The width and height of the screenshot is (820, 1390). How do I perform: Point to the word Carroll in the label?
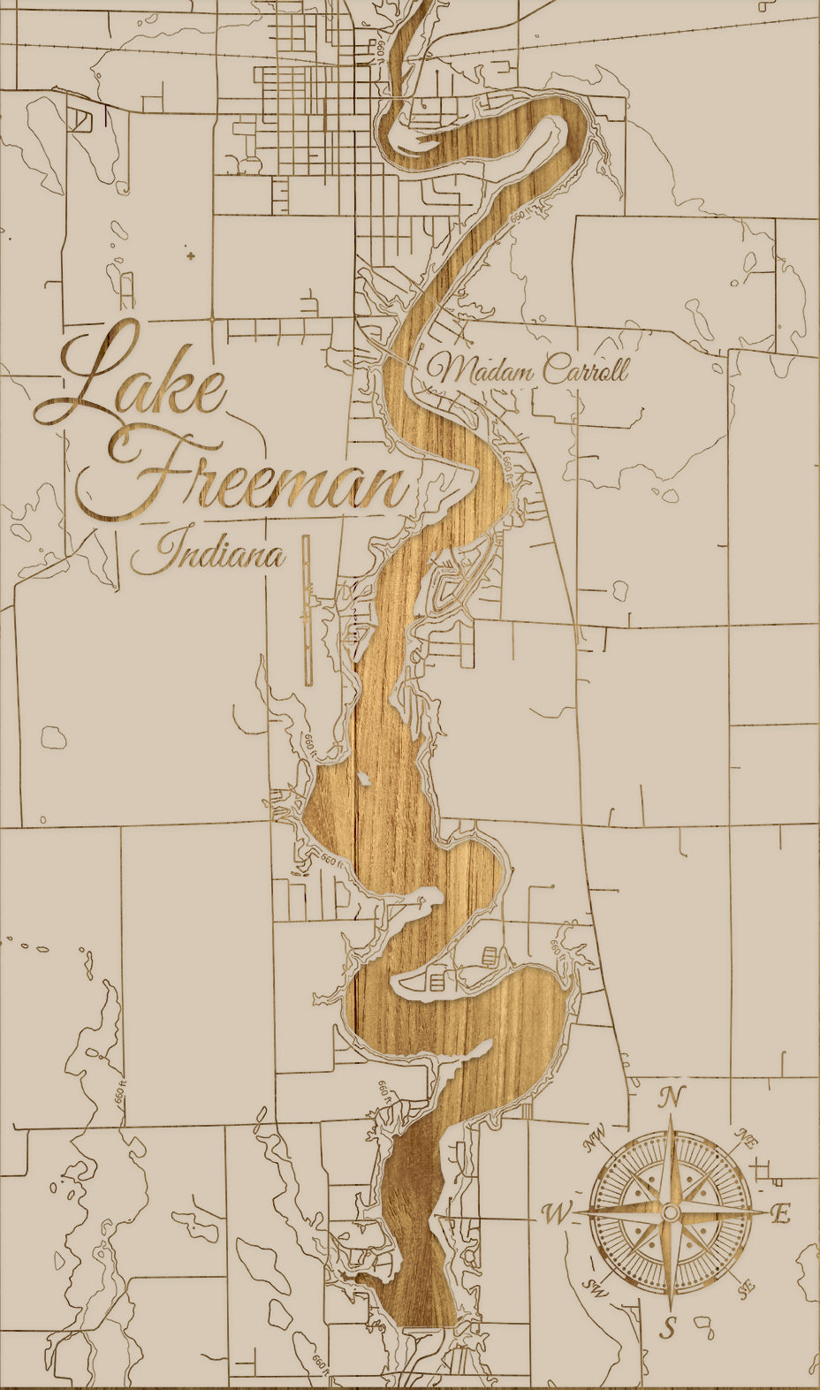click(585, 368)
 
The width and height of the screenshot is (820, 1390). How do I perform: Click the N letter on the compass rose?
click(672, 1098)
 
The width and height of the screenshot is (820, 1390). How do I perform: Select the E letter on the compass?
click(779, 1214)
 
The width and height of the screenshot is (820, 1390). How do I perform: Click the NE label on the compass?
click(748, 1139)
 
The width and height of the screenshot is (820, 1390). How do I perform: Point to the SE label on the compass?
click(745, 1287)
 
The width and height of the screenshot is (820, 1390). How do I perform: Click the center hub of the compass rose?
click(671, 1212)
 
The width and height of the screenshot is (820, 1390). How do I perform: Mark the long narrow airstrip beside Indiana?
click(307, 610)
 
